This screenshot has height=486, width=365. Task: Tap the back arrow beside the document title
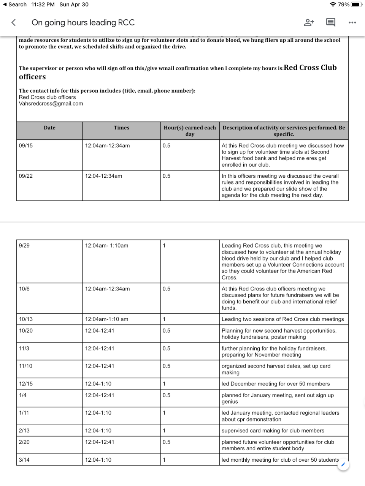click(14, 22)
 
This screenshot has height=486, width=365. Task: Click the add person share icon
click(309, 22)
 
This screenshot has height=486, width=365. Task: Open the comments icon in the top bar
click(331, 22)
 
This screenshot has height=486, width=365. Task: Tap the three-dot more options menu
click(352, 22)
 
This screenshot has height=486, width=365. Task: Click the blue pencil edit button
click(343, 465)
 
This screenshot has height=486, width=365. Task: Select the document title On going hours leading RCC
click(83, 22)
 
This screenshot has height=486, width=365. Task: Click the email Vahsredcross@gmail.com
click(51, 104)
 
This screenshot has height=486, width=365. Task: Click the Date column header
click(49, 128)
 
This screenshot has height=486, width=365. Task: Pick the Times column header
click(121, 128)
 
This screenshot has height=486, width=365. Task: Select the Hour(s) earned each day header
click(190, 131)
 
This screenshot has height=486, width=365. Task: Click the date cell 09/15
click(26, 146)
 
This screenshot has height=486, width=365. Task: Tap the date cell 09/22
click(26, 176)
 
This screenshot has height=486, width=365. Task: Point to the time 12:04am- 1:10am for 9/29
click(106, 246)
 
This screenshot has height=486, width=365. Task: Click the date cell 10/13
click(26, 319)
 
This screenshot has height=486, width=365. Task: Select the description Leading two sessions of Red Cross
click(282, 319)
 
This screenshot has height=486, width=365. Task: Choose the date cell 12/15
click(26, 384)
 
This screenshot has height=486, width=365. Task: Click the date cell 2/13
click(24, 431)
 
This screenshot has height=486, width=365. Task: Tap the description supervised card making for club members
click(273, 431)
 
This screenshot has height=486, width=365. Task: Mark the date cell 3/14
click(24, 460)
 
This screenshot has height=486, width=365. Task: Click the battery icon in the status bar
click(357, 5)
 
